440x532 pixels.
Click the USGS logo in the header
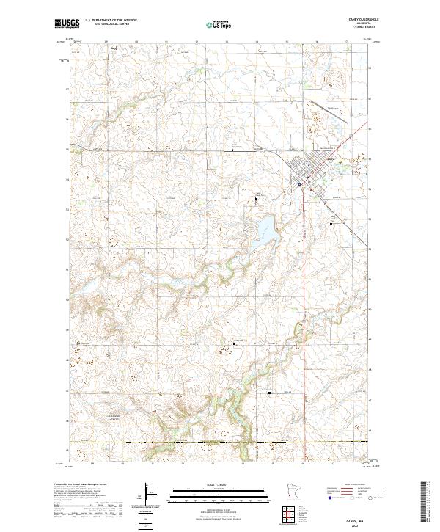point(65,24)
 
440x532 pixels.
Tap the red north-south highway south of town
point(300,294)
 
